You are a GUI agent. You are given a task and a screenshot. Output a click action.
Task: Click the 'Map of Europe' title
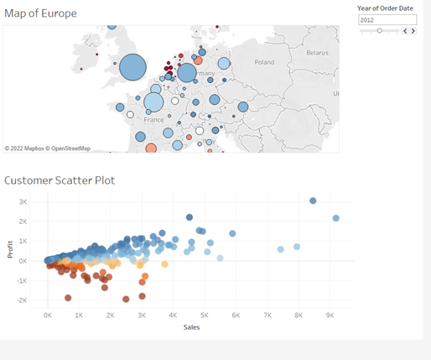click(x=40, y=13)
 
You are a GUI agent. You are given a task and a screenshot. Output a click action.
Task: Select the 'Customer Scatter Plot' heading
click(x=60, y=180)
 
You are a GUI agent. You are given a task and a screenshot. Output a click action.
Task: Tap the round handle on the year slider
click(x=380, y=30)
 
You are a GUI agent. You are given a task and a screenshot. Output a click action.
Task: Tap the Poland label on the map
click(x=264, y=62)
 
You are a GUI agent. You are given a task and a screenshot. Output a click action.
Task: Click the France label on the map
click(x=153, y=120)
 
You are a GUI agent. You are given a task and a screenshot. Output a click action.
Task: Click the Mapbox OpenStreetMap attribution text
click(x=47, y=149)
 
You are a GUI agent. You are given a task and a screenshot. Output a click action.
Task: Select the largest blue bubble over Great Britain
click(x=132, y=68)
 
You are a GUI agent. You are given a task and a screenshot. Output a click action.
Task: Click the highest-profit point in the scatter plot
click(x=313, y=201)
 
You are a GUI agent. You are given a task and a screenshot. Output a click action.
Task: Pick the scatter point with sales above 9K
click(x=335, y=218)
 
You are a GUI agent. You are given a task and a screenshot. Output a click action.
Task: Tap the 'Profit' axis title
click(x=10, y=250)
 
